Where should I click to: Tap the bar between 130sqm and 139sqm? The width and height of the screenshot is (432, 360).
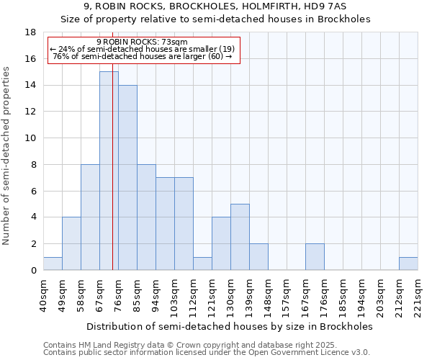pyautogui.click(x=240, y=237)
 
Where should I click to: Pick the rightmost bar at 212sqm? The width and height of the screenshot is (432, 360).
pyautogui.click(x=408, y=264)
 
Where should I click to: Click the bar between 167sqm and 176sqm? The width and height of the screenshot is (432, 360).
pyautogui.click(x=315, y=257)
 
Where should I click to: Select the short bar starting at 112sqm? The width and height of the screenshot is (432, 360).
pyautogui.click(x=202, y=264)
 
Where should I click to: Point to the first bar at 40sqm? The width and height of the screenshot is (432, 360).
pyautogui.click(x=53, y=264)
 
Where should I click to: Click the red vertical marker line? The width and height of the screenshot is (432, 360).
pyautogui.click(x=113, y=180)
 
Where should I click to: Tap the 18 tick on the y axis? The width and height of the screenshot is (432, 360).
pyautogui.click(x=31, y=32)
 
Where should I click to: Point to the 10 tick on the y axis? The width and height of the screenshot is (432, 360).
pyautogui.click(x=31, y=138)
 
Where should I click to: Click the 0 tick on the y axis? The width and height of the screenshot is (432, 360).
pyautogui.click(x=33, y=270)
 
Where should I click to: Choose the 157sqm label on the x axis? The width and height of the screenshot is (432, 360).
pyautogui.click(x=287, y=296)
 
